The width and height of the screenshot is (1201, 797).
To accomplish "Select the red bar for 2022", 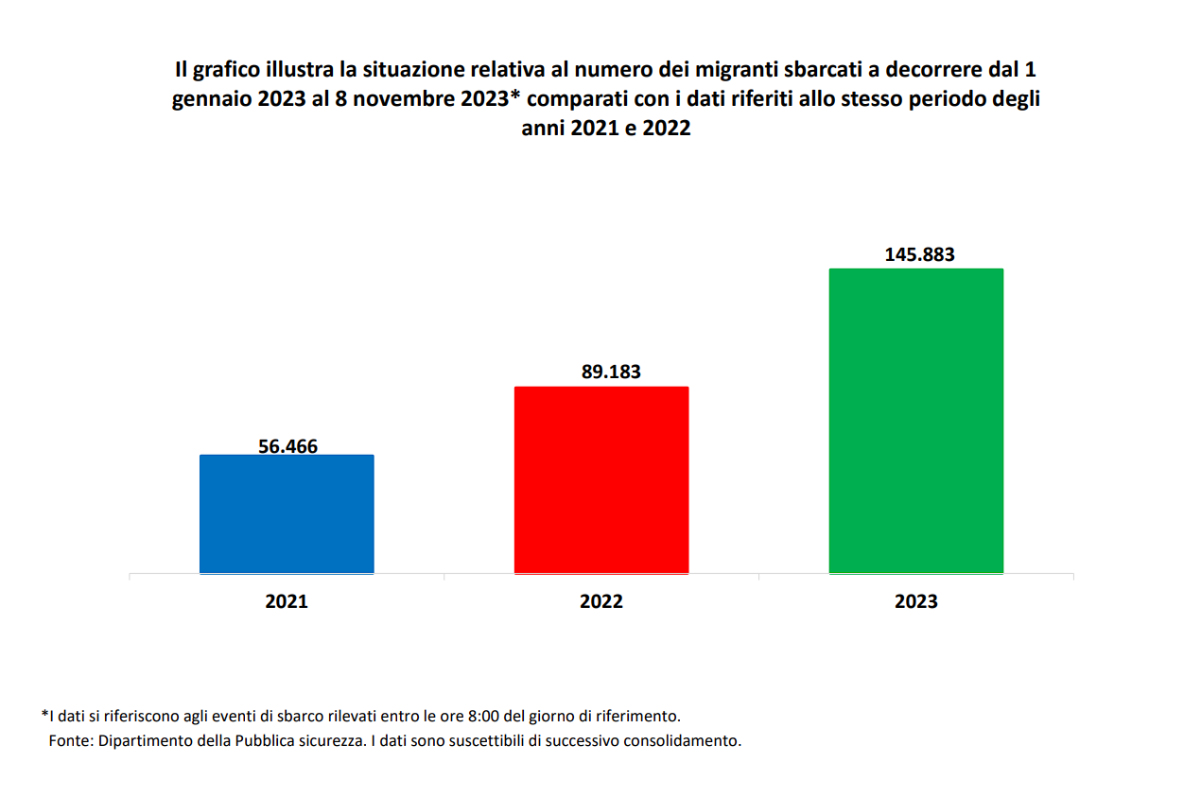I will [x=600, y=479].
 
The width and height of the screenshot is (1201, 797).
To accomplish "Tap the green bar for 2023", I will [x=915, y=421].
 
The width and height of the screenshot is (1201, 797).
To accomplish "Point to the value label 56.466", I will [x=287, y=446].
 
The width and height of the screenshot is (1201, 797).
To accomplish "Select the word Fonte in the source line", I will [x=70, y=740].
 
